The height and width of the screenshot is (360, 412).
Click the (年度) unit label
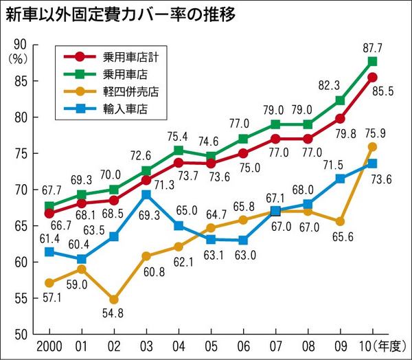tap(389, 344)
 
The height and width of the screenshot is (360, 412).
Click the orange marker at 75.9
tap(371, 146)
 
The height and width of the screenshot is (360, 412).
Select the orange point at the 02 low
tap(113, 300)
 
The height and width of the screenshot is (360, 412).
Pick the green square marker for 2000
tap(49, 206)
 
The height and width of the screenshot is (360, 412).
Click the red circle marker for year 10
tap(371, 77)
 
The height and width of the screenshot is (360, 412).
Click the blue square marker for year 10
tap(371, 164)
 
